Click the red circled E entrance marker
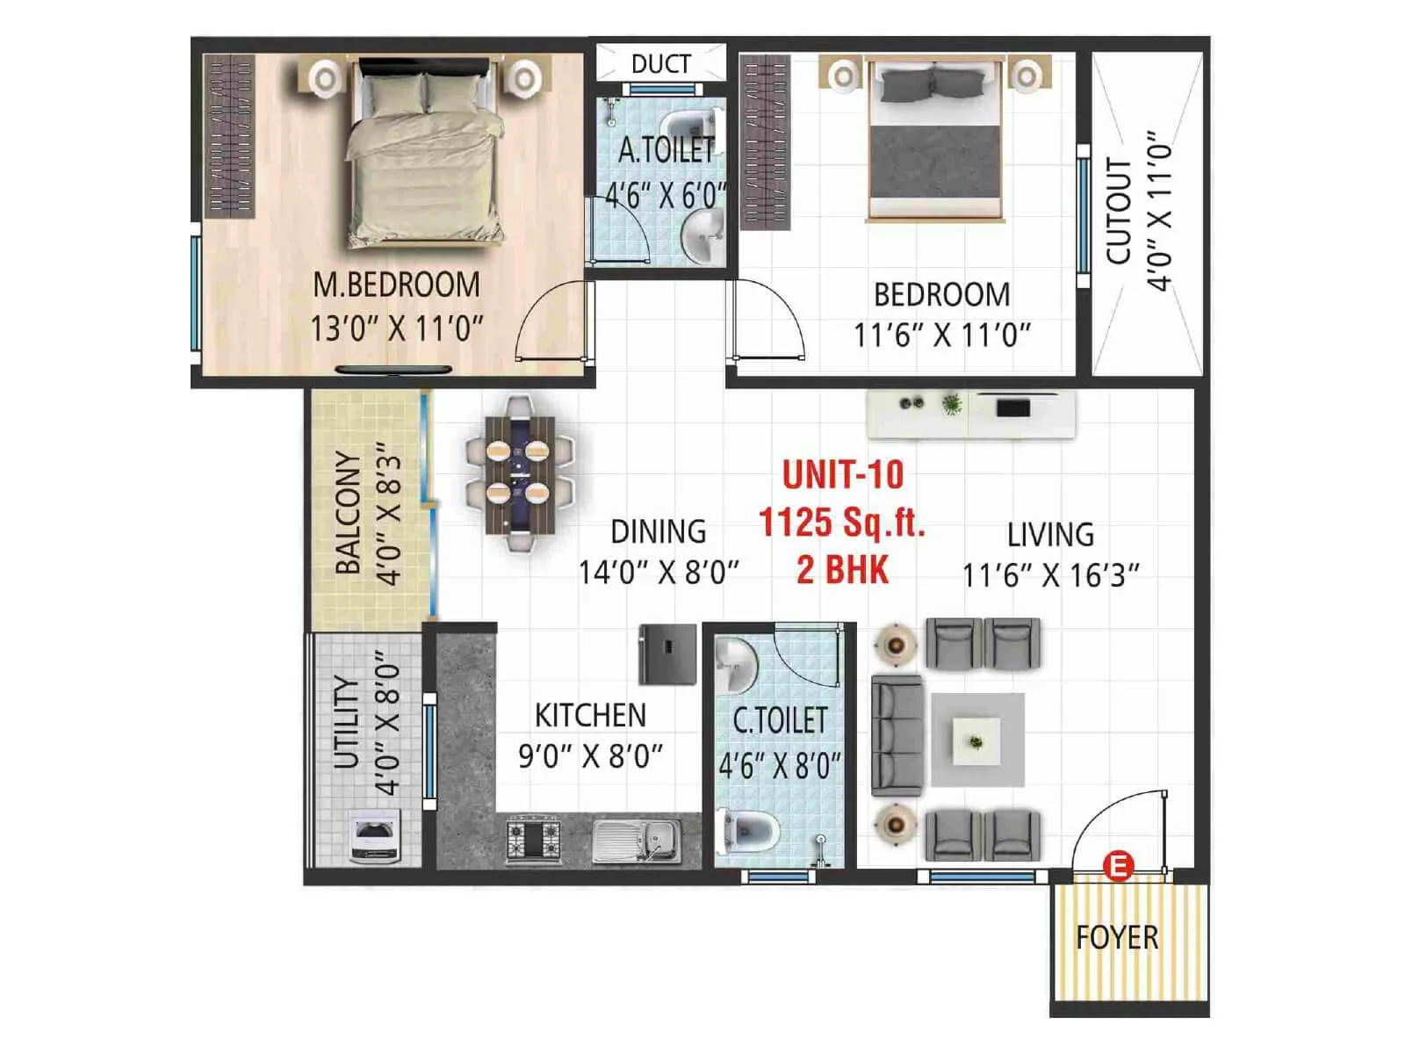click(1118, 866)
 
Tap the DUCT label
click(660, 64)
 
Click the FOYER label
click(1117, 938)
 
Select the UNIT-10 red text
click(842, 475)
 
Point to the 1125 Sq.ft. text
click(842, 523)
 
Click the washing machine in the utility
click(375, 836)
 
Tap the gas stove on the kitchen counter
click(533, 839)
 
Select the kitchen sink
click(636, 841)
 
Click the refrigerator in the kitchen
click(667, 654)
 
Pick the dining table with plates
click(519, 474)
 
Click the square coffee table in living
click(976, 740)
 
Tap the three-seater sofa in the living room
click(897, 736)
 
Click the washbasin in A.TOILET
click(702, 235)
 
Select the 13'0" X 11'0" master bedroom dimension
click(396, 329)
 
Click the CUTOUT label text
click(1118, 211)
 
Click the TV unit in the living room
click(970, 414)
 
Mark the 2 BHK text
click(842, 570)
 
